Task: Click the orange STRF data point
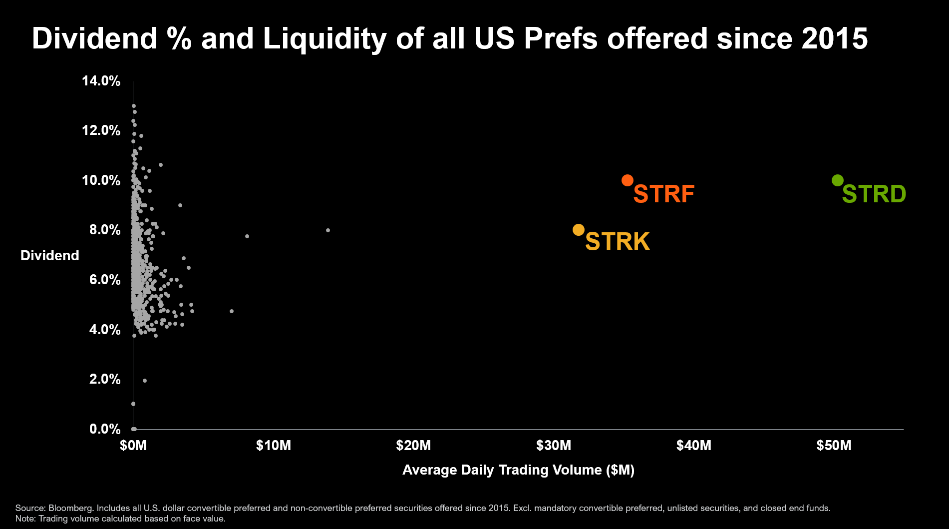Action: [x=628, y=180]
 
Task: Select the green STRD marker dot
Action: [x=838, y=180]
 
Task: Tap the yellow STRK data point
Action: [x=579, y=230]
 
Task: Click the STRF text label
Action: [x=664, y=194]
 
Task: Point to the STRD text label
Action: [x=874, y=194]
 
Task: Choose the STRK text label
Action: [x=618, y=242]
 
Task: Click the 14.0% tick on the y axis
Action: [x=101, y=81]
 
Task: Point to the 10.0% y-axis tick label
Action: [x=101, y=180]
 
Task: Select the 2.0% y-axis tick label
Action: [x=105, y=379]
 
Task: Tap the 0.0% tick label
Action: [x=105, y=429]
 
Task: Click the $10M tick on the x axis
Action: [x=274, y=446]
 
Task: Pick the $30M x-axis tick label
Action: [x=554, y=446]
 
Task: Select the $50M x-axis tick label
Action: [x=834, y=446]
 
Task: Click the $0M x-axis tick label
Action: [x=133, y=446]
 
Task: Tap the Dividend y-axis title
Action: [x=50, y=256]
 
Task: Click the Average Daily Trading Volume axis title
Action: [x=518, y=470]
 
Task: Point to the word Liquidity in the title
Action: [x=325, y=38]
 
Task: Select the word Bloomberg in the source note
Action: [x=71, y=508]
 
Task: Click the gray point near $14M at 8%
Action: [x=328, y=230]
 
